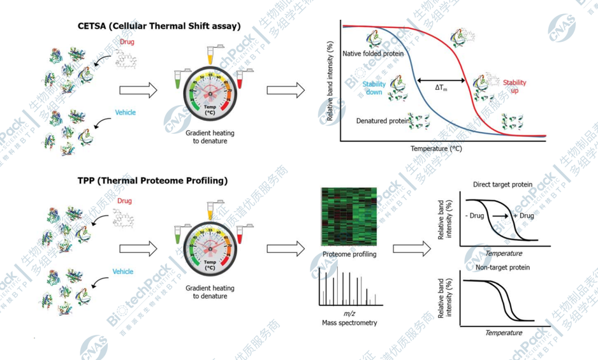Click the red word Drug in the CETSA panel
[126, 42]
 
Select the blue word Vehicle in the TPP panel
[123, 271]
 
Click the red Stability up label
[514, 87]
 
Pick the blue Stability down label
[374, 88]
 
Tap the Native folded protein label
[373, 54]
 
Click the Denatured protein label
[380, 120]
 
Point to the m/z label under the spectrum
[349, 313]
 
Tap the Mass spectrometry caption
[349, 323]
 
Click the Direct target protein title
[502, 185]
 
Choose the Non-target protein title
[502, 268]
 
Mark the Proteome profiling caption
[349, 254]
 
